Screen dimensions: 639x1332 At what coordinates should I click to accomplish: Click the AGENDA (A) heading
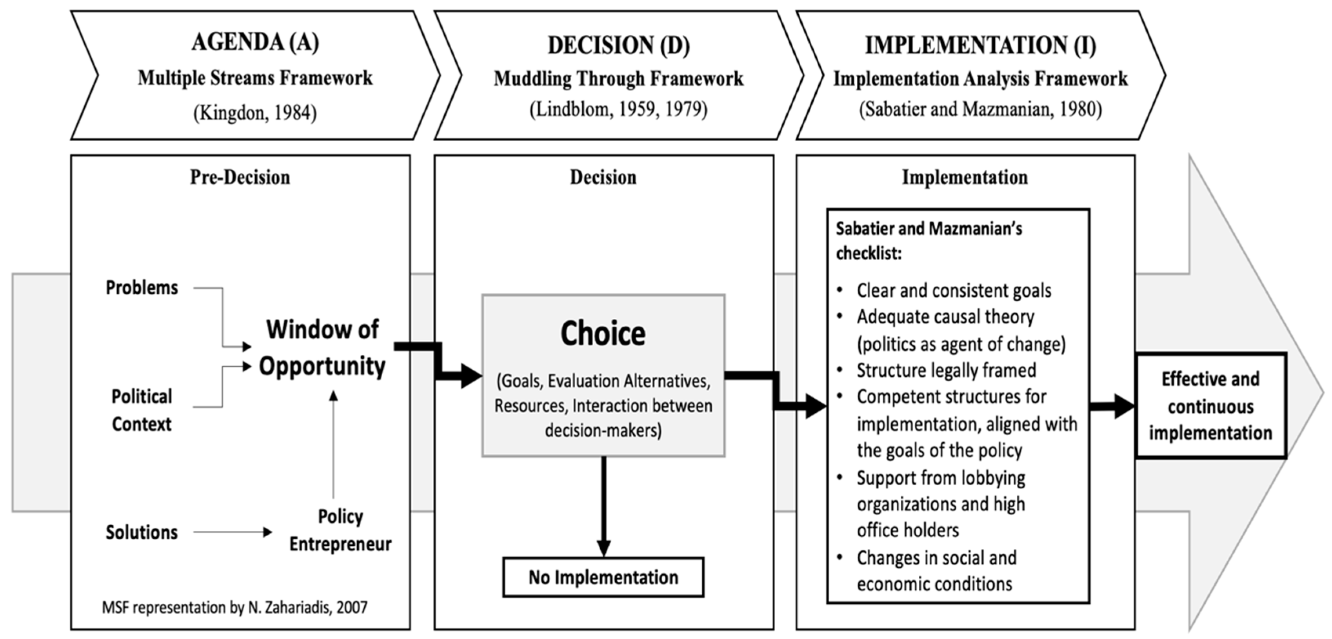pyautogui.click(x=255, y=42)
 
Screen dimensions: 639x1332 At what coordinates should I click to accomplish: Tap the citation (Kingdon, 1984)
pyautogui.click(x=255, y=112)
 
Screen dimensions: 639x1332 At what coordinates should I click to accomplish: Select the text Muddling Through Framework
pyautogui.click(x=618, y=78)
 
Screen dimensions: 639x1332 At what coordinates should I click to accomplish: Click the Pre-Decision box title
pyautogui.click(x=240, y=177)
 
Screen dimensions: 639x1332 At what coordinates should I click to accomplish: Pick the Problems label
pyautogui.click(x=142, y=287)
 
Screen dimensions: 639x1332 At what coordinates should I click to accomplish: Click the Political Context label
pyautogui.click(x=142, y=410)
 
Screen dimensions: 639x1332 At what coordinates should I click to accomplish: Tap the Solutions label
pyautogui.click(x=142, y=532)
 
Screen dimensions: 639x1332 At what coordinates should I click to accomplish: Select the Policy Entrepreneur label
pyautogui.click(x=340, y=530)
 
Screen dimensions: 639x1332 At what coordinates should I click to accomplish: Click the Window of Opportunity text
pyautogui.click(x=322, y=347)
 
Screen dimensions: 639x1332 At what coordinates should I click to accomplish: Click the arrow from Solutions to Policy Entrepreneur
pyautogui.click(x=233, y=532)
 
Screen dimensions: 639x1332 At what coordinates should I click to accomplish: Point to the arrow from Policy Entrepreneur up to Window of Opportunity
pyautogui.click(x=334, y=445)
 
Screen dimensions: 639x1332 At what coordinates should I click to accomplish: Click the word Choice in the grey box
pyautogui.click(x=603, y=334)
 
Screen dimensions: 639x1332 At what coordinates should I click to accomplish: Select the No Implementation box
pyautogui.click(x=603, y=577)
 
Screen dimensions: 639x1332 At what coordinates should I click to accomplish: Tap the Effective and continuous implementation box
pyautogui.click(x=1210, y=406)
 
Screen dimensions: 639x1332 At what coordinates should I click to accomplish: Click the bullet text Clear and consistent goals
pyautogui.click(x=954, y=290)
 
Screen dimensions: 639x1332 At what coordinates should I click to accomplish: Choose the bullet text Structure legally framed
pyautogui.click(x=946, y=370)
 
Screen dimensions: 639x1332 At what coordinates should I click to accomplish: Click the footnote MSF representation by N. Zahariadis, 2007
pyautogui.click(x=235, y=607)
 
